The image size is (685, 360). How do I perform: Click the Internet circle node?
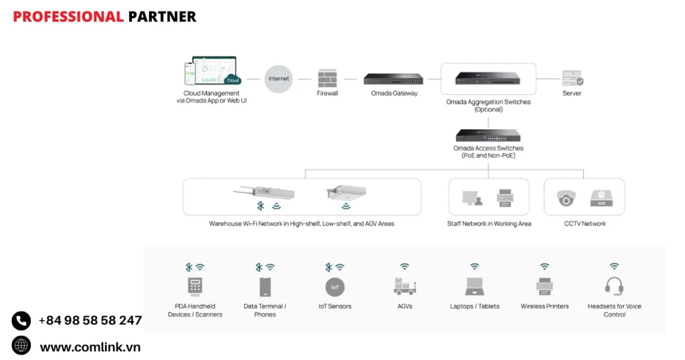pyautogui.click(x=279, y=79)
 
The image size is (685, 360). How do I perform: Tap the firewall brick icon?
pyautogui.click(x=327, y=78)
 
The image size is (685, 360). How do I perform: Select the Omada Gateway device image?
pyautogui.click(x=394, y=79)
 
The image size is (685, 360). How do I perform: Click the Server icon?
pyautogui.click(x=572, y=78)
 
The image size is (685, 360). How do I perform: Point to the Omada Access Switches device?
pyautogui.click(x=488, y=135)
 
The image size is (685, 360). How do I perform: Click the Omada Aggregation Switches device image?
pyautogui.click(x=488, y=78)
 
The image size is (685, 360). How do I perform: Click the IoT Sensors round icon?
pyautogui.click(x=334, y=287)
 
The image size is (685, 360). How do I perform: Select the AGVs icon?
pyautogui.click(x=405, y=286)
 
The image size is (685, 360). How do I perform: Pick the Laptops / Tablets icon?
pyautogui.click(x=474, y=287)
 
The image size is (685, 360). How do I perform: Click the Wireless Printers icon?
pyautogui.click(x=545, y=287)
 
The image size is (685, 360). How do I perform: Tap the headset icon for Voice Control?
pyautogui.click(x=614, y=286)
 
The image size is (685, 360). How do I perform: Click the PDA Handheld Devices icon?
pyautogui.click(x=195, y=287)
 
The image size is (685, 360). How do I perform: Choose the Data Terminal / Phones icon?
pyautogui.click(x=265, y=287)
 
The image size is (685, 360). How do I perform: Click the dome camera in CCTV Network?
pyautogui.click(x=566, y=198)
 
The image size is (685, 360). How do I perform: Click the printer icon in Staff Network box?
pyautogui.click(x=505, y=197)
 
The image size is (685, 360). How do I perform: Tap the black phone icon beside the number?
pyautogui.click(x=21, y=321)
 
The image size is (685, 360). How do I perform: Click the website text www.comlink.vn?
pyautogui.click(x=90, y=347)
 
